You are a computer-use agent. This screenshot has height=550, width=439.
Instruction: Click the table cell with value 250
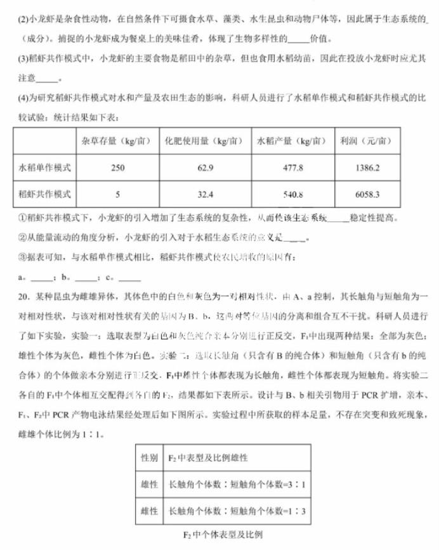[x=117, y=168]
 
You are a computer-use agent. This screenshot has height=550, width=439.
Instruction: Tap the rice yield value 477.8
[x=292, y=168]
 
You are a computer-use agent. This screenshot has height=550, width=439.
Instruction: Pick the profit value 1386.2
[x=368, y=168]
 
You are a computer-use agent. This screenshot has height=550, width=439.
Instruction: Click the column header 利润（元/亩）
[x=367, y=140]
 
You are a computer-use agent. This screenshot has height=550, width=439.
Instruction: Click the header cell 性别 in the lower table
[x=149, y=457]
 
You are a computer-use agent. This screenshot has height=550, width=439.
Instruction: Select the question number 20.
[x=18, y=296]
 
